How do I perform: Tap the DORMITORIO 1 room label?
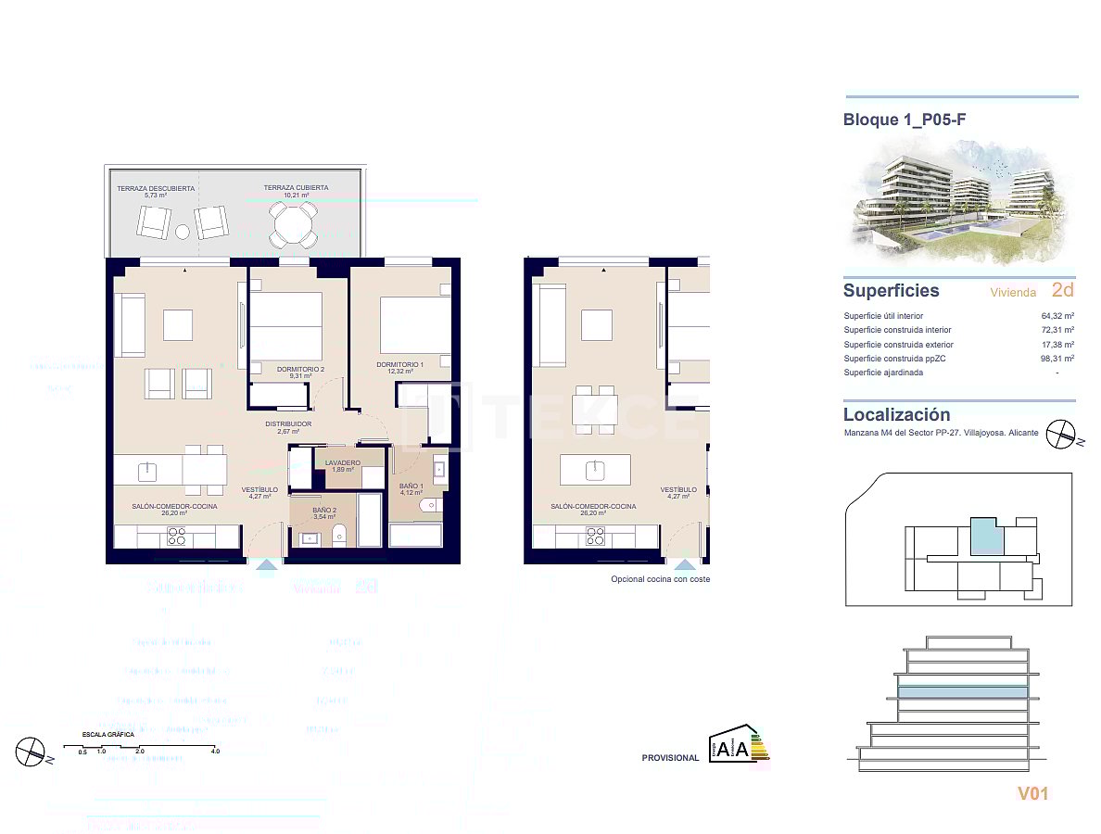click(x=400, y=365)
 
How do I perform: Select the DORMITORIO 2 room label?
click(x=301, y=370)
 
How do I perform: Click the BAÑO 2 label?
click(x=323, y=511)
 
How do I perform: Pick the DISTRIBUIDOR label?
click(x=288, y=424)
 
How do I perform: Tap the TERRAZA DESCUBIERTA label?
click(x=156, y=188)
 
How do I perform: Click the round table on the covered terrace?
click(x=292, y=223)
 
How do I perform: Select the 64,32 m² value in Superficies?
click(x=1057, y=316)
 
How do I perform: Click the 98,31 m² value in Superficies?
click(x=1057, y=359)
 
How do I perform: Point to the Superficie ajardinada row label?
click(x=883, y=373)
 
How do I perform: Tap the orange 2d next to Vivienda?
click(x=1063, y=290)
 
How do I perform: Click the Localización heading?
click(x=896, y=415)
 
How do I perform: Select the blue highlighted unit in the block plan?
click(x=987, y=537)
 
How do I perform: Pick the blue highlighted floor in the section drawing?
click(x=963, y=692)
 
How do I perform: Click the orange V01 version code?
click(x=1033, y=793)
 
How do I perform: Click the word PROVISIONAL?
click(x=670, y=758)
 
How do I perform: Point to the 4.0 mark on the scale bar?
click(x=215, y=752)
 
